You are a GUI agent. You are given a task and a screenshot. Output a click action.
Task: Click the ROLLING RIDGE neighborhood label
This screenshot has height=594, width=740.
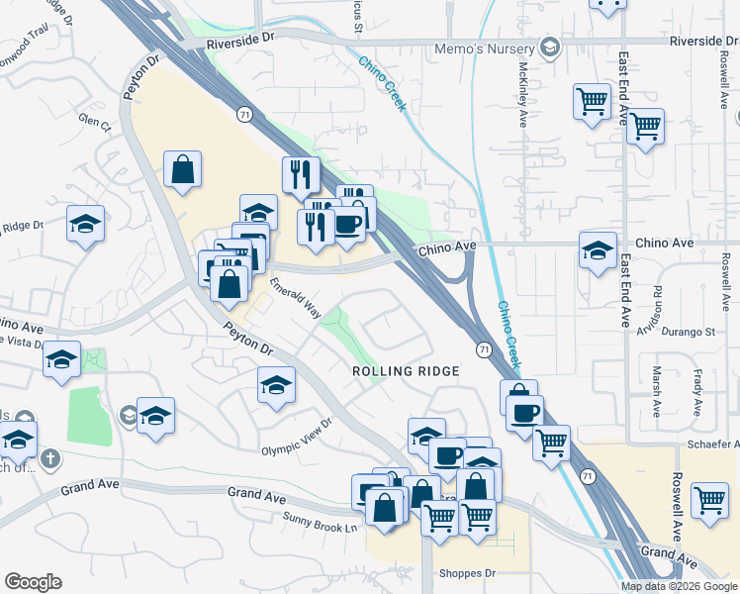(407, 370)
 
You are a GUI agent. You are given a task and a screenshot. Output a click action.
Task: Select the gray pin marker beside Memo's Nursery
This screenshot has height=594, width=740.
(549, 48)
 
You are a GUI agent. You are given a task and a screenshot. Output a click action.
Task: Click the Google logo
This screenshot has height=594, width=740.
(33, 582)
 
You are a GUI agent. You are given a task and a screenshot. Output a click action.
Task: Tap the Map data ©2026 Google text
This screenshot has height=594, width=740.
(679, 586)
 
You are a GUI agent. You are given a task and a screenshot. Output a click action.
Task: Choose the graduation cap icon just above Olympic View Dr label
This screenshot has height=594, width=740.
(276, 385)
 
